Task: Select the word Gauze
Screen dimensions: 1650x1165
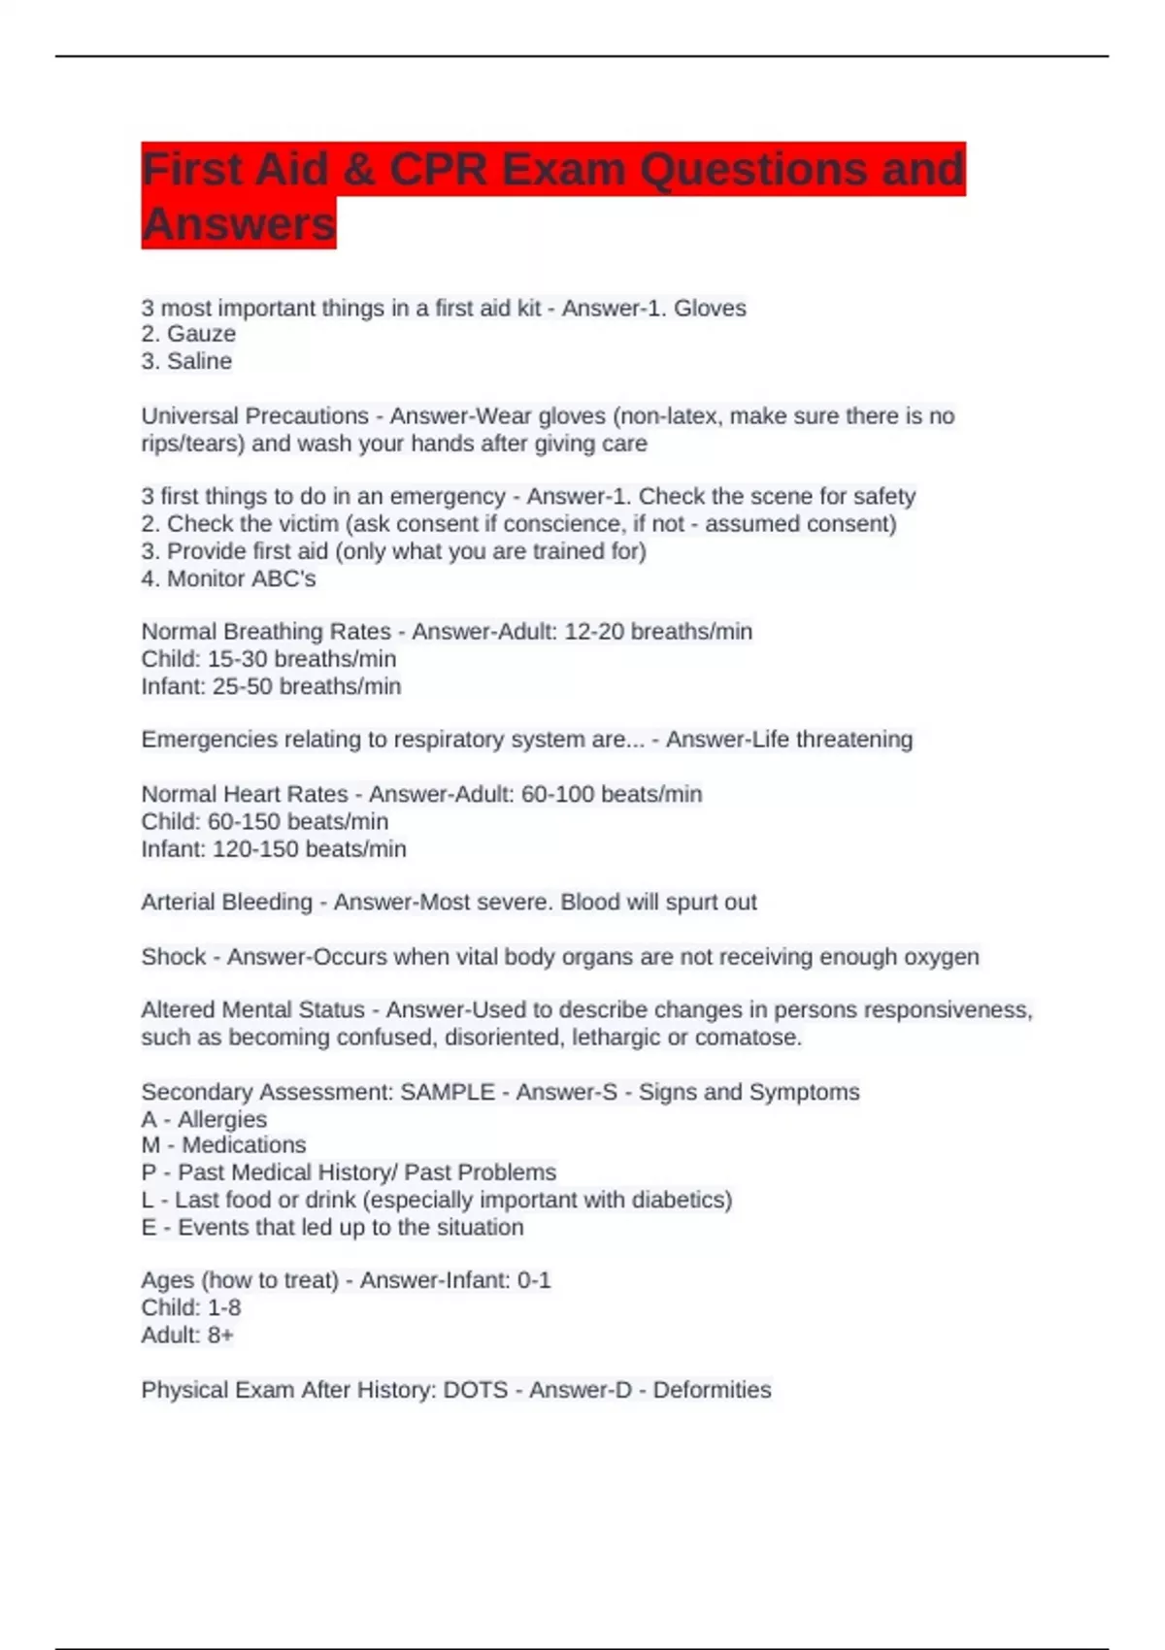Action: [x=201, y=334]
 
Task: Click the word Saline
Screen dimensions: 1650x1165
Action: [x=199, y=361]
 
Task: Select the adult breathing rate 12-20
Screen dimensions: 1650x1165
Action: [x=594, y=632]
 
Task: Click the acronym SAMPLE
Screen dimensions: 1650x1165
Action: [x=448, y=1092]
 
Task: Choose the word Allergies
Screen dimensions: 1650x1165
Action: [x=222, y=1119]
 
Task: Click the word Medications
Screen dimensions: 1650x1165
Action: [x=244, y=1145]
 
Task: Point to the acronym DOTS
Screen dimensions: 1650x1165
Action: [x=476, y=1390]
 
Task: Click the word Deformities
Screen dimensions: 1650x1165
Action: [x=712, y=1390]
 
